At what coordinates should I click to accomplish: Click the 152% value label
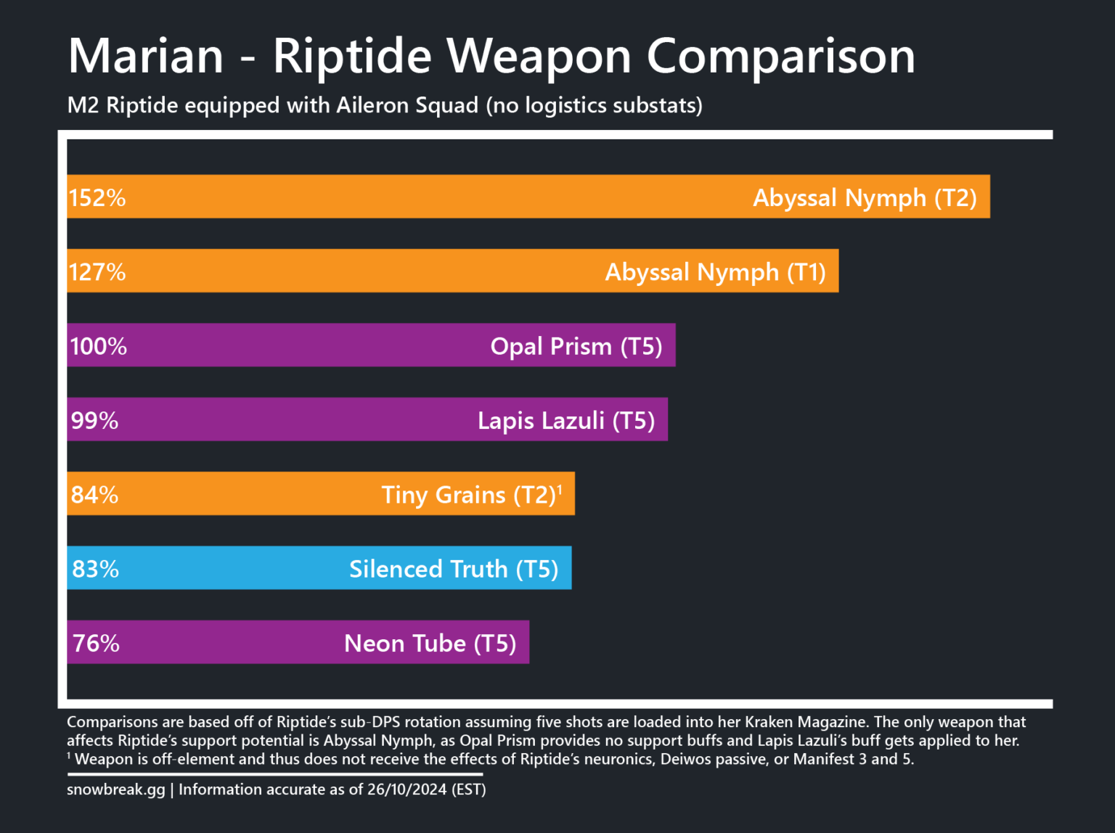click(97, 197)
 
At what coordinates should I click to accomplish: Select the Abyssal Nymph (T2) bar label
click(865, 197)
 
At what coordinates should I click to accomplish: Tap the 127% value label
click(97, 272)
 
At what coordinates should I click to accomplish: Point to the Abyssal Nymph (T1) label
click(715, 272)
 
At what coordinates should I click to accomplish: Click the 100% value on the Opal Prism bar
click(98, 346)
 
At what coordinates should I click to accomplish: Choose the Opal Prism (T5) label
click(576, 346)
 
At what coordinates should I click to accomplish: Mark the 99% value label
click(94, 420)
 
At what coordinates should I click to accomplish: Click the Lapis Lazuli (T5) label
click(566, 420)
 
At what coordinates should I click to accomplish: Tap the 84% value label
click(94, 495)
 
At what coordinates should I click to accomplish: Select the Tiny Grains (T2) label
click(469, 495)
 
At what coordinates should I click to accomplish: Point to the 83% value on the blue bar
click(95, 569)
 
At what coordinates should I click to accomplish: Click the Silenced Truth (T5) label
click(454, 569)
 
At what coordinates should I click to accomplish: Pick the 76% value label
click(96, 643)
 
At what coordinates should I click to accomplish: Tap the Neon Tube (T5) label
click(430, 643)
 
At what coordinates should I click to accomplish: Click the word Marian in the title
click(146, 57)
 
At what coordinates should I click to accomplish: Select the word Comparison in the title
click(780, 57)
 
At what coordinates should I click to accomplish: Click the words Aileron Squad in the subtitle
click(407, 106)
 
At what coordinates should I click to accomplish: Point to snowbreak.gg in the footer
click(116, 789)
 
